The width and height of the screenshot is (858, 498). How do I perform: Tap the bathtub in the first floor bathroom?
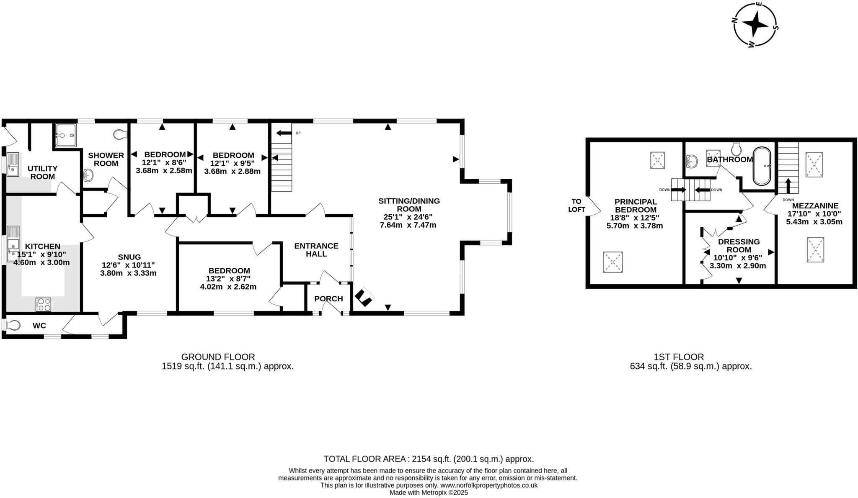point(762,166)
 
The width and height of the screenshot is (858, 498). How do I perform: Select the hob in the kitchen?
point(44,304)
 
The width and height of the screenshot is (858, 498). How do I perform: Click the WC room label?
point(39,326)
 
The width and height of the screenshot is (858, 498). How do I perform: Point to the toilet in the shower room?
point(120,134)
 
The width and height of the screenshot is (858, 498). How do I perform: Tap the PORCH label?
point(328,299)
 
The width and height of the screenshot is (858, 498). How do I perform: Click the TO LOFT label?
point(576,205)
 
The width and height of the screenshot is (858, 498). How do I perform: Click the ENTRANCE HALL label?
point(316,250)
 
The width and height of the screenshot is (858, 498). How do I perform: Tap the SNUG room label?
point(129,257)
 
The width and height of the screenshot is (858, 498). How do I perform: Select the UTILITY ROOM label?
point(42,172)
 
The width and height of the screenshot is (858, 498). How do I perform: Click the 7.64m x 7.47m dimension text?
point(408,225)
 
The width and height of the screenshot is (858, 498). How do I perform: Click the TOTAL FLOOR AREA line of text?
point(429,459)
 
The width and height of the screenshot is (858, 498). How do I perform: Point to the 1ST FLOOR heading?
point(679,357)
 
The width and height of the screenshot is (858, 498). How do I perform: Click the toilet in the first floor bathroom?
point(737,148)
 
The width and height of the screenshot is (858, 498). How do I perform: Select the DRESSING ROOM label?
point(739,246)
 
